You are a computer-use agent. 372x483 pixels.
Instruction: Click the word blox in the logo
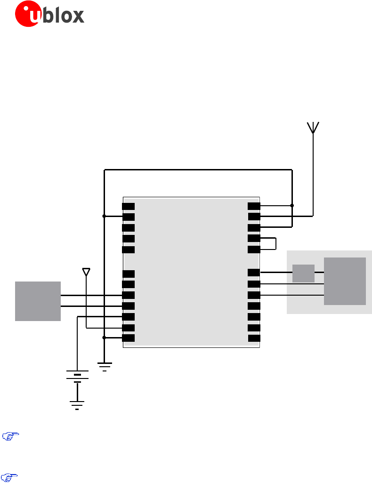(65, 15)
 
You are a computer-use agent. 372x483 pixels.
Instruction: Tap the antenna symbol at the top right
(313, 128)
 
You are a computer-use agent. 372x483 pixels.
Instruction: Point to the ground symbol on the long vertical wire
(105, 366)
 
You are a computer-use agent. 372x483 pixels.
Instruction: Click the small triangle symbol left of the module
(86, 272)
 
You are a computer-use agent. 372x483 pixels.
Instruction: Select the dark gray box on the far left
(38, 301)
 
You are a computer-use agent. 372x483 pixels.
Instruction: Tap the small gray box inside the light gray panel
(303, 273)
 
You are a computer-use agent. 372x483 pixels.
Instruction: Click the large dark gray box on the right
(345, 281)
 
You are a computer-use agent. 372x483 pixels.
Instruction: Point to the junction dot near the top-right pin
(292, 206)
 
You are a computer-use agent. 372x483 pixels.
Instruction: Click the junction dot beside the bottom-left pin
(104, 338)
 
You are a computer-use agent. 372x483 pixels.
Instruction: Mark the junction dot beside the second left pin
(104, 216)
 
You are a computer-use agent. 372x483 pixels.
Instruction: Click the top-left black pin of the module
(128, 206)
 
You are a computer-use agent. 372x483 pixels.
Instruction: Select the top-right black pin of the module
(254, 206)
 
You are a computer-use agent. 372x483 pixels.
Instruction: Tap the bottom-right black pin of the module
(254, 338)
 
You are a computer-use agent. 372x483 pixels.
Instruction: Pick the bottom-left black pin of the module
(128, 338)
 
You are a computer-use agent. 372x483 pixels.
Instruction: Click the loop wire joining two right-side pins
(275, 243)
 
